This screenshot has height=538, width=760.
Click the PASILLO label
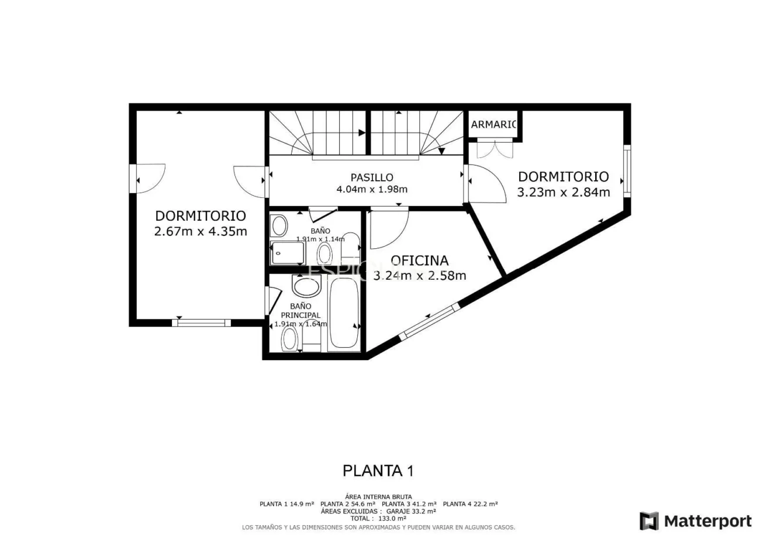[x=372, y=177]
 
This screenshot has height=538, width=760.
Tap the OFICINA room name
[x=419, y=261]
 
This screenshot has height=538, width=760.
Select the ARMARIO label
[x=494, y=124]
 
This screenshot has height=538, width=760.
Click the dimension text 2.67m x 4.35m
[x=201, y=231]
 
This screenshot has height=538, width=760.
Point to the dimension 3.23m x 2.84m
[x=564, y=192]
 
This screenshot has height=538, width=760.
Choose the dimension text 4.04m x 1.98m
[x=372, y=189]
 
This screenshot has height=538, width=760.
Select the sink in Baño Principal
[x=306, y=286]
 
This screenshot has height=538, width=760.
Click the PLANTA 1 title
[x=378, y=471]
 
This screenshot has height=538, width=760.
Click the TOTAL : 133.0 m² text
[x=378, y=518]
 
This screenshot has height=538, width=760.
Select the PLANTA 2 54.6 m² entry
[x=348, y=504]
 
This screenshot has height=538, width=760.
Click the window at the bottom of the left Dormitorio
[x=202, y=323]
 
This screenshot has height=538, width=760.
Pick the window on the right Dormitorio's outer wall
[x=627, y=170]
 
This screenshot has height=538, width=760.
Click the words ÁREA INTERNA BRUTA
[x=378, y=497]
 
